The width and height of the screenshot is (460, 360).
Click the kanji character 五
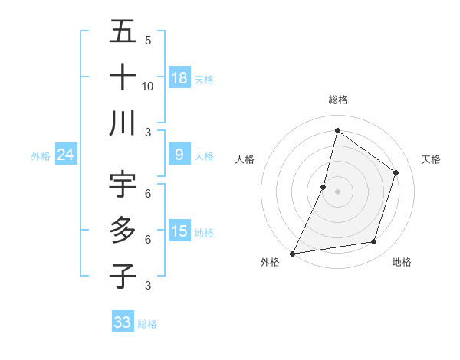coord(123,32)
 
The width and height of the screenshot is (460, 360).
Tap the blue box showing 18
coord(179,77)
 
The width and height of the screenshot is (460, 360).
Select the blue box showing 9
coord(179,155)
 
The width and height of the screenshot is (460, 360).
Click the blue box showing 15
coord(179,231)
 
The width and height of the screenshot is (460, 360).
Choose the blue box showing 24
coord(65,155)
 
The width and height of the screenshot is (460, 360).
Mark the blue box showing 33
coord(123,322)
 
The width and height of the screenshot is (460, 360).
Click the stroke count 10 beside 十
coord(148,86)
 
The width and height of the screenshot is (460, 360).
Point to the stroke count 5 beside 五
coord(148,40)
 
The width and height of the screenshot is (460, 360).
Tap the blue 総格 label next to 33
coord(147,324)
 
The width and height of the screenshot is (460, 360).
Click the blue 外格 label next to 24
coord(41,156)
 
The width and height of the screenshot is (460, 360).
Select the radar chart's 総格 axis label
coord(337,100)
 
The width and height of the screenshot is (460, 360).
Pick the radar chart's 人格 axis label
coord(245,159)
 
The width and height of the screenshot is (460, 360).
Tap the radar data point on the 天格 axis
coord(396,172)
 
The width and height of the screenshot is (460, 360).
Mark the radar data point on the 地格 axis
coord(374,242)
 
